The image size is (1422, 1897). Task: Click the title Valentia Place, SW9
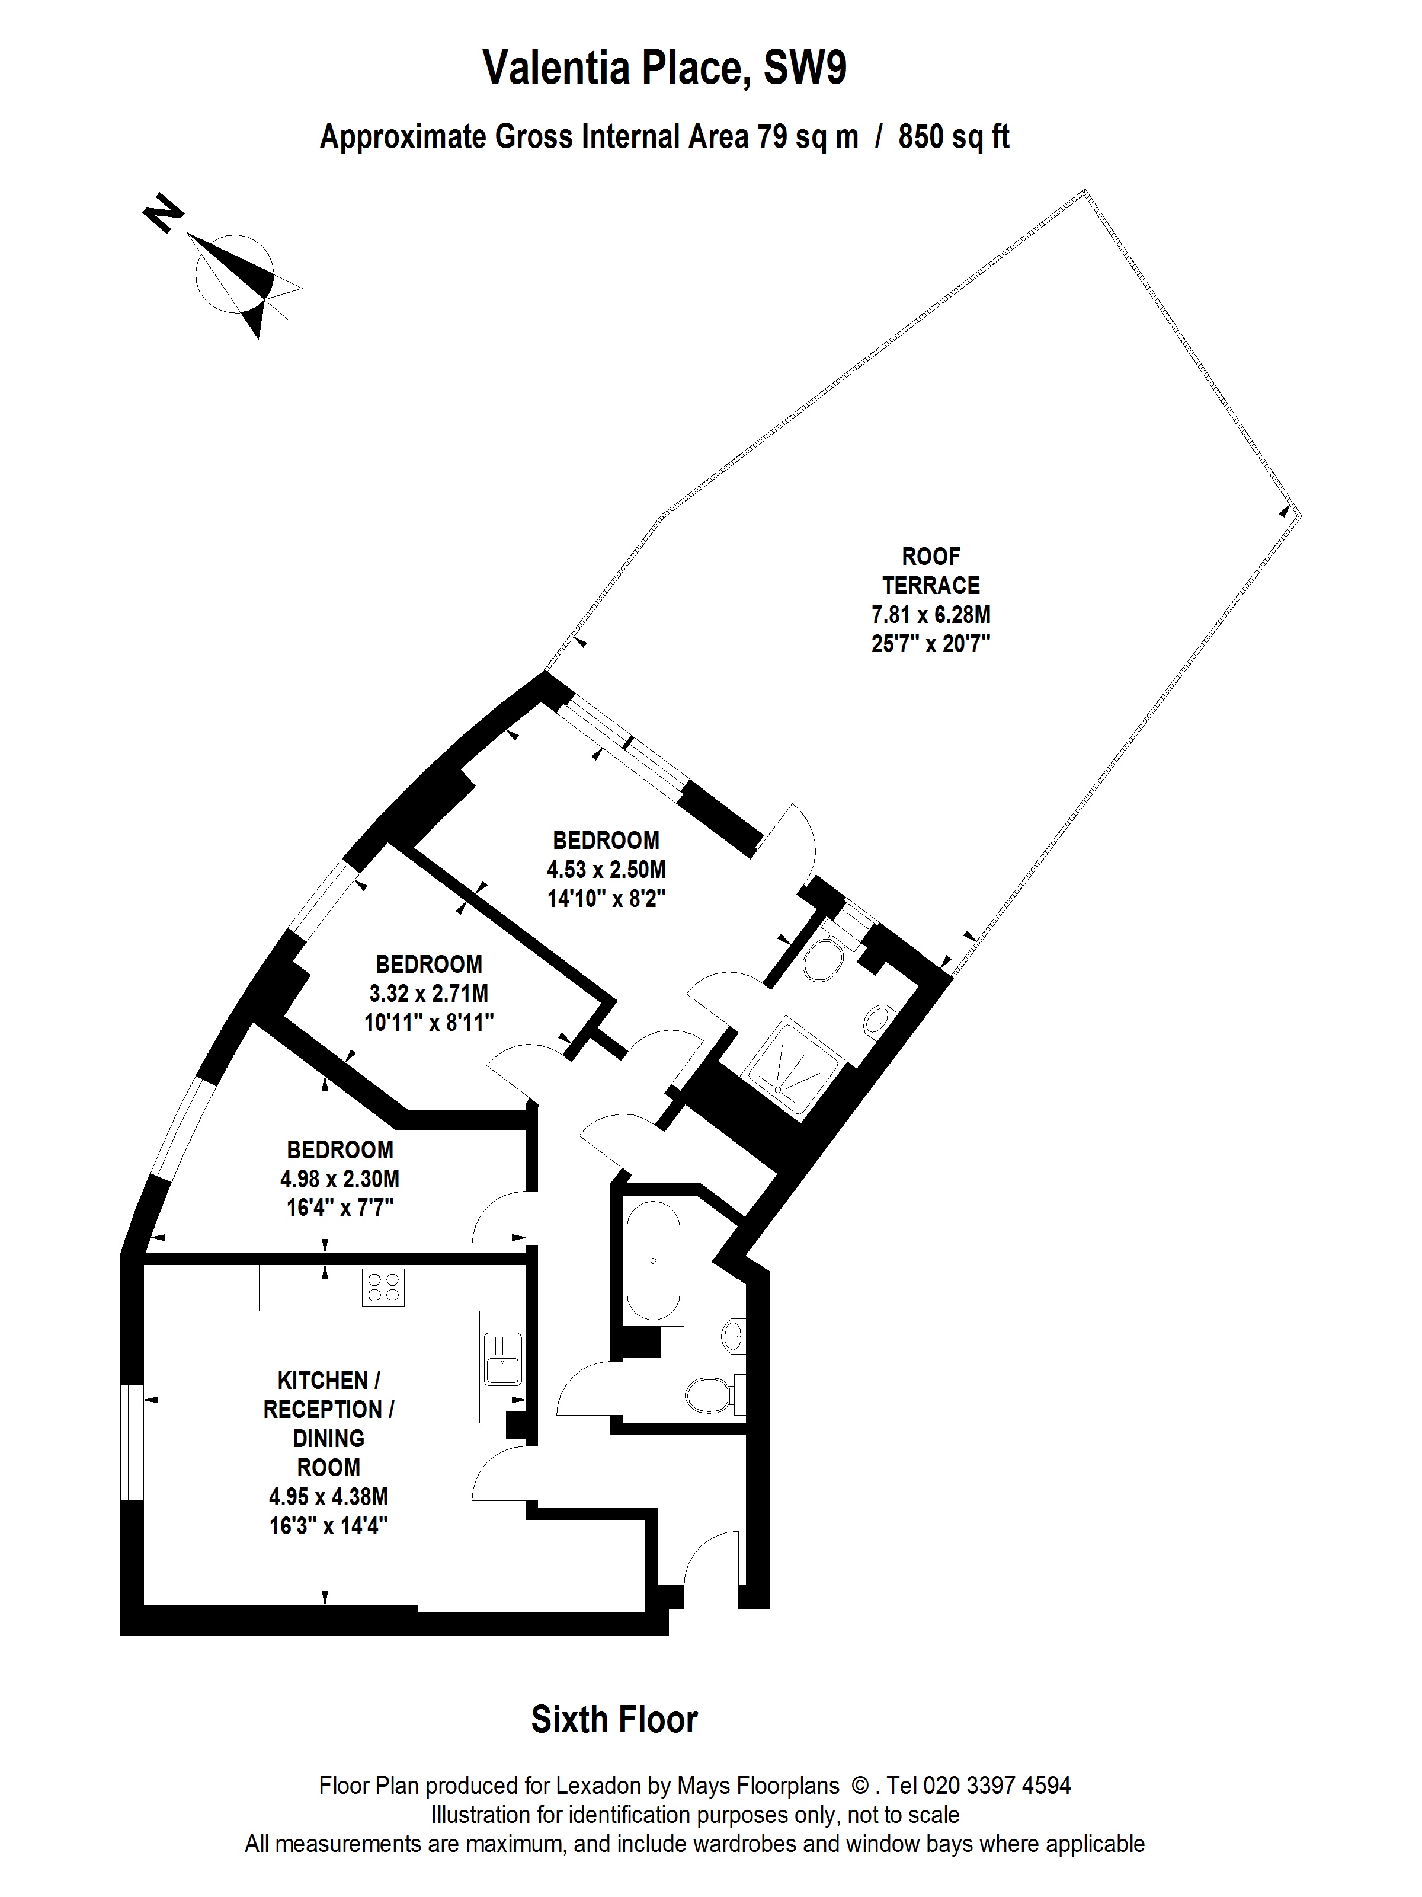665,67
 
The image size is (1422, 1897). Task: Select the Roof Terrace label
931,571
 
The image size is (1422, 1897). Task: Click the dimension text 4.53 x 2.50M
606,870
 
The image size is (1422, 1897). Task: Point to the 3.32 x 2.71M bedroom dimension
428,993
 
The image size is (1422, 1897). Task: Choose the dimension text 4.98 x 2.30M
340,1179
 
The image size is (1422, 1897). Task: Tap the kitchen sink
502,1359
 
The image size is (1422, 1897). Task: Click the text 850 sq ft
953,137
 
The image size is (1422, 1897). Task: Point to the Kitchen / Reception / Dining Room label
328,1423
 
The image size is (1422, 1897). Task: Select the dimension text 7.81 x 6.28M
931,615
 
